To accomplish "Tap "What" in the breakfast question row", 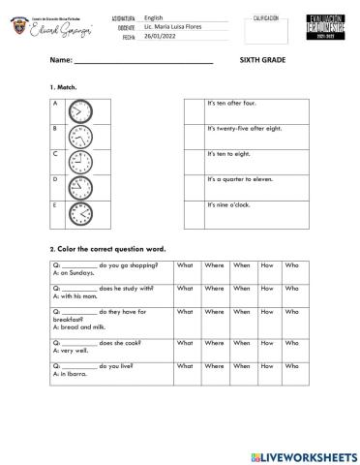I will [x=185, y=312].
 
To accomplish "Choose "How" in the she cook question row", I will [x=267, y=343].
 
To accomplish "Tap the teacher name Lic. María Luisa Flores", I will [x=173, y=25].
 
